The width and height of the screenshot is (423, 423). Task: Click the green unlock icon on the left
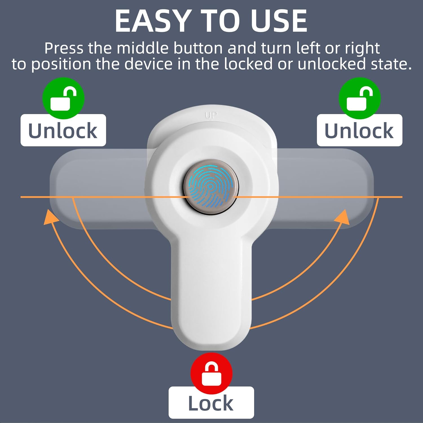[x=63, y=98]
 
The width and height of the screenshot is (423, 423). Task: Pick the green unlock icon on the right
[x=360, y=98]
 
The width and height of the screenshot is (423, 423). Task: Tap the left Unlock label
[x=63, y=130]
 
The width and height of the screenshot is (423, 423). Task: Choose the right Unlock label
[x=360, y=130]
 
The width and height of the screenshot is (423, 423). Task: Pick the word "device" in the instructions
[x=148, y=64]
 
